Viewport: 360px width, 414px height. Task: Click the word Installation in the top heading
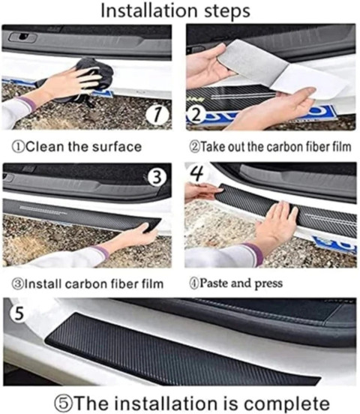coord(149,10)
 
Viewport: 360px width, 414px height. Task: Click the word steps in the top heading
coord(227,11)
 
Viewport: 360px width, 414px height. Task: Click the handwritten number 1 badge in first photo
coord(157,114)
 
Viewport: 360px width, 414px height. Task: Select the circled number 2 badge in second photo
coord(195,115)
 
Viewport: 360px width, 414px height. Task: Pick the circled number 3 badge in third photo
coord(157,177)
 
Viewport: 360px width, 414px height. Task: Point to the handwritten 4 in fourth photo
coord(197,172)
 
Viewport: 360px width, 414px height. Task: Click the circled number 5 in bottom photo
coord(18,313)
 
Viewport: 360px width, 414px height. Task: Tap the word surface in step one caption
coord(117,147)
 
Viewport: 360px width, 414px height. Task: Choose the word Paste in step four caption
coord(214,283)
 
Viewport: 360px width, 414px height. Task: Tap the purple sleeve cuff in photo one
coord(28,103)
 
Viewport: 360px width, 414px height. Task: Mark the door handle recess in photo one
coord(22,37)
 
